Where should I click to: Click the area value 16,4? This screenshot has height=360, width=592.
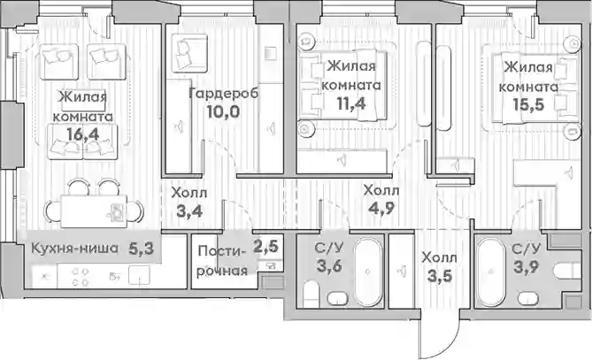click(x=82, y=134)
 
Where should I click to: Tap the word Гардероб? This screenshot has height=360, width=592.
click(x=224, y=93)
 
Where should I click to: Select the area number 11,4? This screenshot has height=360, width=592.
click(x=351, y=103)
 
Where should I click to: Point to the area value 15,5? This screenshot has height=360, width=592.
click(x=528, y=103)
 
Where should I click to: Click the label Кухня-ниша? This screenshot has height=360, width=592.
click(x=74, y=249)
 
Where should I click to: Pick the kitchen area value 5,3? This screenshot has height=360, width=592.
click(x=142, y=249)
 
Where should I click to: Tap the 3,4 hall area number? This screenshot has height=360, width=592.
click(x=189, y=211)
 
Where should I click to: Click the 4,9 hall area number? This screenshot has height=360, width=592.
click(x=381, y=208)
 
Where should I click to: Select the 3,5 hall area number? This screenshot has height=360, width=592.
click(x=439, y=276)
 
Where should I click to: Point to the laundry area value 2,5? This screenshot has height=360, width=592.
click(x=265, y=247)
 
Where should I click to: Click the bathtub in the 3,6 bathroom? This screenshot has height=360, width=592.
click(x=367, y=272)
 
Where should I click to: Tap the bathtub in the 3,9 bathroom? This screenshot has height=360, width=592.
click(x=491, y=272)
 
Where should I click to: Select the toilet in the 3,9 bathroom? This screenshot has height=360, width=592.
click(x=567, y=271)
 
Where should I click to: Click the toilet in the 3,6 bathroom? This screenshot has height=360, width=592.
click(x=311, y=294)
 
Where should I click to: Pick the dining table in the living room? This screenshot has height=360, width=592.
click(x=94, y=211)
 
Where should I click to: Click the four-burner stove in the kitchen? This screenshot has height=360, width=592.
click(x=80, y=277)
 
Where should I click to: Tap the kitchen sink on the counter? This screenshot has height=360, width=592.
click(x=139, y=275)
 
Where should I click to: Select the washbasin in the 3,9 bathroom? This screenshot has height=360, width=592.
click(x=527, y=298)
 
